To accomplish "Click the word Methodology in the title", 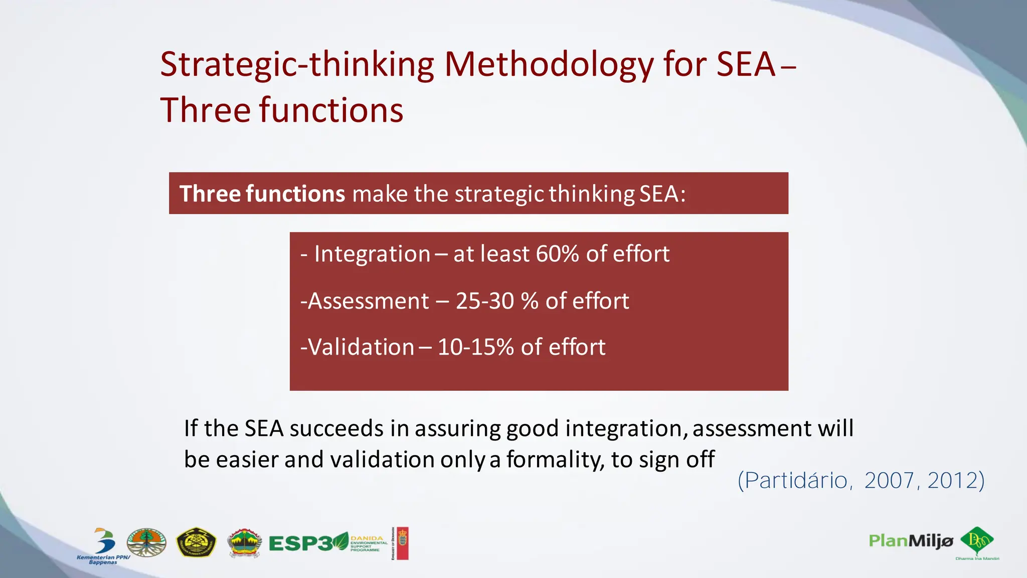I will (x=549, y=65).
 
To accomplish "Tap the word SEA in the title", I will (x=746, y=65).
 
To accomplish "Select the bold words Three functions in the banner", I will (x=262, y=194).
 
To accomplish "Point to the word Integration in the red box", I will (x=372, y=254).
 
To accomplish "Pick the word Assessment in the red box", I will (x=369, y=301).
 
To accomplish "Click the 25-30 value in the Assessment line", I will (x=484, y=301).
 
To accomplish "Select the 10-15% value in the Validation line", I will (x=475, y=347).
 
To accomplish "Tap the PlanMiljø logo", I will (x=910, y=541).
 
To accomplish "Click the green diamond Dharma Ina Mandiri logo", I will (x=977, y=541).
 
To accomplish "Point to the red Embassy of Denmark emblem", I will (x=402, y=543).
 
